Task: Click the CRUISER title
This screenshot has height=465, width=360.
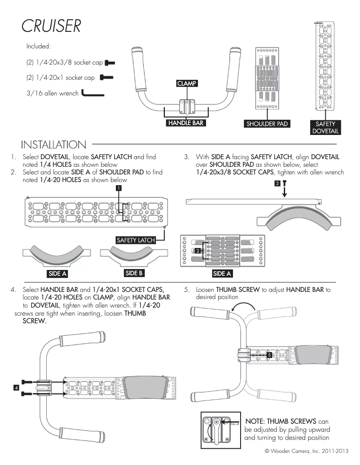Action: tap(51, 26)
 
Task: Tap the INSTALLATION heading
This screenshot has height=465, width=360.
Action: tap(53, 145)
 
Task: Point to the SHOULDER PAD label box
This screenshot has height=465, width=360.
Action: tap(267, 124)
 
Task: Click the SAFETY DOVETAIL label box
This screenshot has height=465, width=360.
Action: tap(325, 127)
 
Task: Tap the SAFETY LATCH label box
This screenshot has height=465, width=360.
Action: tap(136, 240)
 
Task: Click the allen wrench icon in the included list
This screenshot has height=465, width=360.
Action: tap(92, 94)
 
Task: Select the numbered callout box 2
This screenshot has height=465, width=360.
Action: tap(198, 251)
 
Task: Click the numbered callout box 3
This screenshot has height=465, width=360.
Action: tap(277, 183)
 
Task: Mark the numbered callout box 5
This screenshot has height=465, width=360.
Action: tap(269, 355)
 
